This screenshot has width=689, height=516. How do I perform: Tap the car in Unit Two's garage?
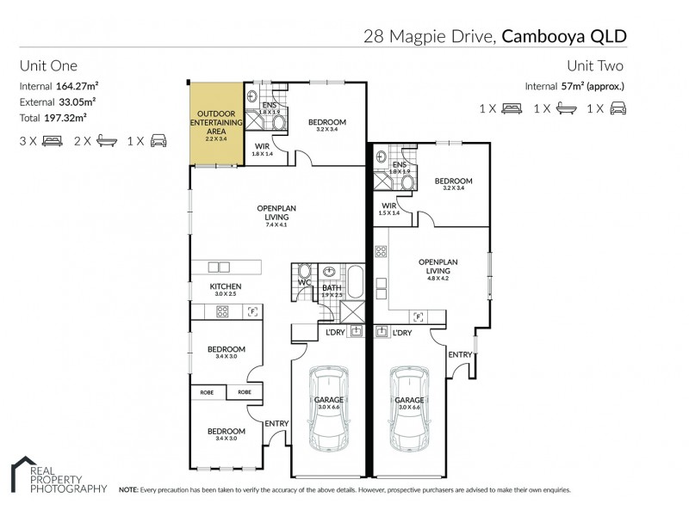coord(408,410)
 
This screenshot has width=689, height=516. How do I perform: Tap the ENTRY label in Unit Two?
coord(460,354)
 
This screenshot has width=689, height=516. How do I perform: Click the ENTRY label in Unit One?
coord(276,422)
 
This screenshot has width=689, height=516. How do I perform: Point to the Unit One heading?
coord(48,65)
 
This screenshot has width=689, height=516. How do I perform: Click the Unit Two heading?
coord(596,65)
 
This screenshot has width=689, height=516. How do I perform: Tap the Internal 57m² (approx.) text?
coord(574,86)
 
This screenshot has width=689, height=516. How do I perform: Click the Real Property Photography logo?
coord(57,477)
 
